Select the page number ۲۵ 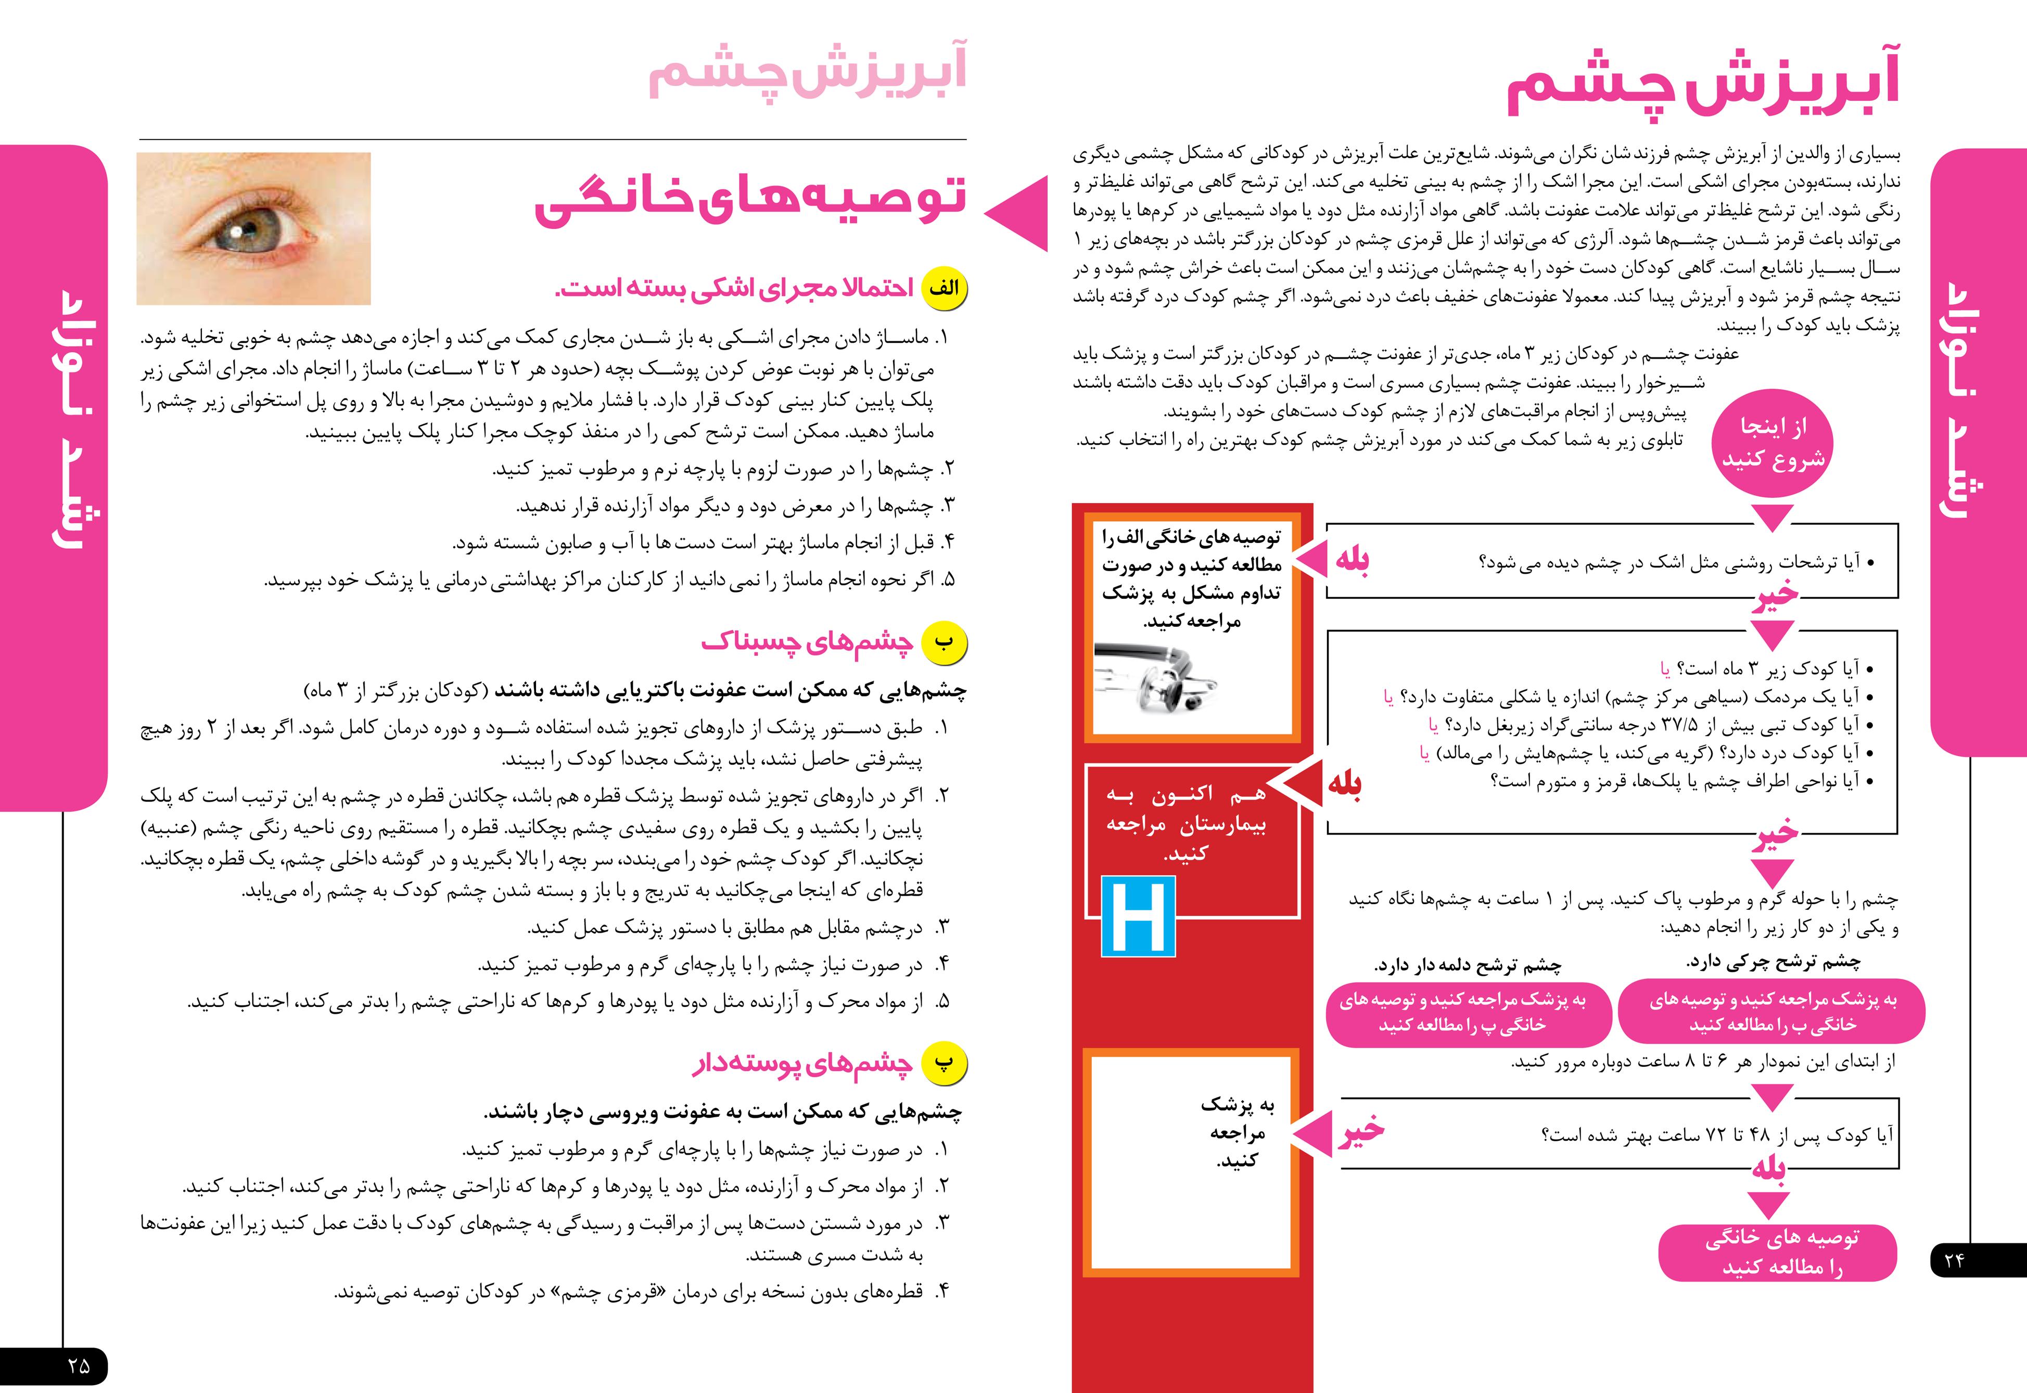[x=79, y=1365]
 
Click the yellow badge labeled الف [x=945, y=288]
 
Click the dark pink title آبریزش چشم [x=1702, y=87]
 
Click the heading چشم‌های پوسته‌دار [x=803, y=1064]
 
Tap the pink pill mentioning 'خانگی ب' [x=1771, y=1012]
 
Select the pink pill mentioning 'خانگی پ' [x=1468, y=1012]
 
